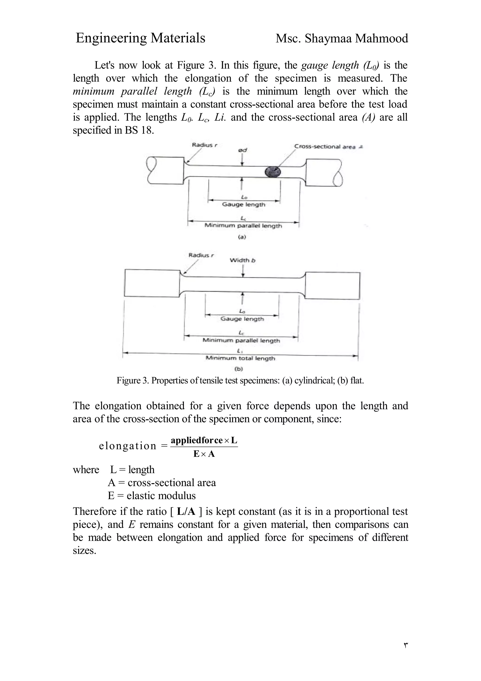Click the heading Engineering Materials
(x=140, y=38)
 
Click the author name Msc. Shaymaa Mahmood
(x=341, y=39)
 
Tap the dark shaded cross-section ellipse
(x=273, y=172)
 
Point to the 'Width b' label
(x=242, y=260)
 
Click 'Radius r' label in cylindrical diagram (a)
(x=205, y=145)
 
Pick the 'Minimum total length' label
(x=240, y=358)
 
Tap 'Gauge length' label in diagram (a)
(x=244, y=204)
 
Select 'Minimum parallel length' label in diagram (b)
(x=241, y=340)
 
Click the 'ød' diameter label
(x=242, y=151)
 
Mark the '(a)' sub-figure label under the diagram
(x=242, y=237)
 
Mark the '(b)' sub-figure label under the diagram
(x=239, y=369)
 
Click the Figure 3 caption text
(x=240, y=380)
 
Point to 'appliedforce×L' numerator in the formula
(x=204, y=441)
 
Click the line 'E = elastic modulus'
(x=151, y=496)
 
